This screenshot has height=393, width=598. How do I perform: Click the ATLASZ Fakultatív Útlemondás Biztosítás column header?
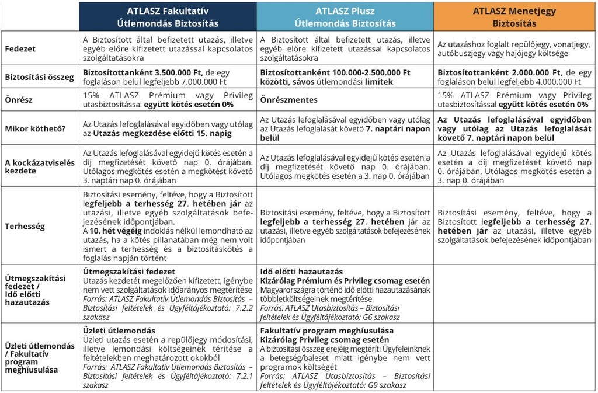pyautogui.click(x=168, y=17)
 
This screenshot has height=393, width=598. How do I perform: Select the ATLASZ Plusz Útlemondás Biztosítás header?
pyautogui.click(x=345, y=17)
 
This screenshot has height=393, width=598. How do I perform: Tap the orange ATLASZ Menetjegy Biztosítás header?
pyautogui.click(x=514, y=17)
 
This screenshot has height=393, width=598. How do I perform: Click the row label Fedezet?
pyautogui.click(x=20, y=49)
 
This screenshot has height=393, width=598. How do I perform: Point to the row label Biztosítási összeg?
pyautogui.click(x=40, y=77)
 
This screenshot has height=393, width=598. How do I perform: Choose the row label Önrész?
pyautogui.click(x=19, y=100)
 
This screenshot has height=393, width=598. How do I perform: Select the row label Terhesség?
pyautogui.click(x=25, y=226)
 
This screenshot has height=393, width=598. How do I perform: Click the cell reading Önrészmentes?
pyautogui.click(x=289, y=100)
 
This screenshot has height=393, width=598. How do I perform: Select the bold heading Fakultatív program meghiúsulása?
pyautogui.click(x=326, y=331)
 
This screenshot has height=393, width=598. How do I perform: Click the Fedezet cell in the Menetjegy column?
pyautogui.click(x=514, y=49)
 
